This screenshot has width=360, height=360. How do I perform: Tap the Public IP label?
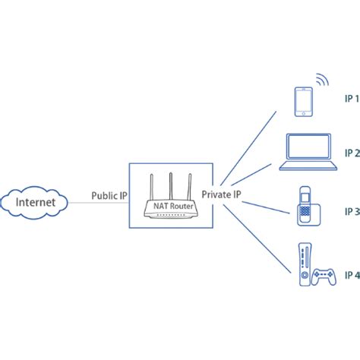pyautogui.click(x=109, y=195)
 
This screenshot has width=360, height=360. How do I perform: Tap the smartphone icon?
pyautogui.click(x=304, y=102)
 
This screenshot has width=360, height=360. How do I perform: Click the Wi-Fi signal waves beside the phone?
pyautogui.click(x=321, y=82)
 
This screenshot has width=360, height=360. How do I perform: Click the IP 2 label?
pyautogui.click(x=350, y=153)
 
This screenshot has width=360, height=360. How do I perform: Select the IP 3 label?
pyautogui.click(x=350, y=211)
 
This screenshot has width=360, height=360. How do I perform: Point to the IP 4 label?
pyautogui.click(x=350, y=274)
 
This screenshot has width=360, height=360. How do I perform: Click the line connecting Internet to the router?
pyautogui.click(x=80, y=203)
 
